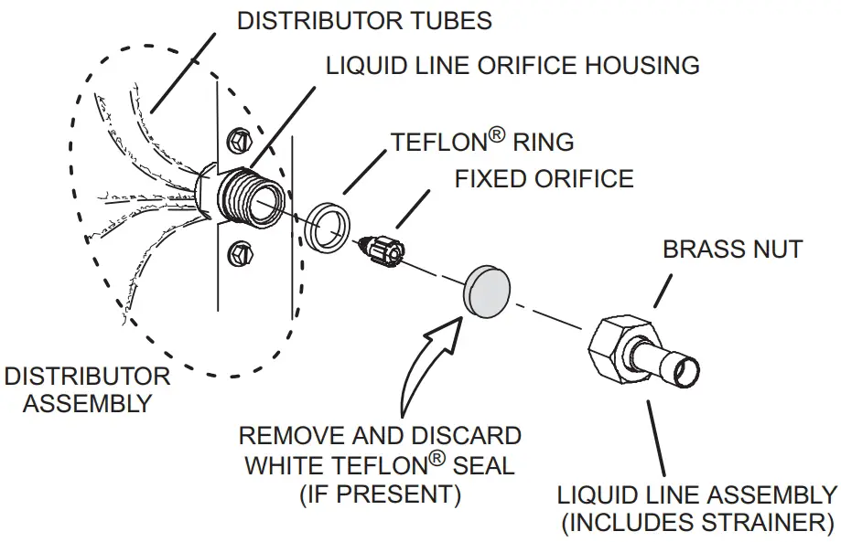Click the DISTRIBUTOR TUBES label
pyautogui.click(x=364, y=21)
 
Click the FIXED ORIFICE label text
pyautogui.click(x=544, y=177)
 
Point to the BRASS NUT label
pyautogui.click(x=732, y=249)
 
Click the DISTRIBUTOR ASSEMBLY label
pyautogui.click(x=87, y=389)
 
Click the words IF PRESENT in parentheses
pyautogui.click(x=380, y=494)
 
